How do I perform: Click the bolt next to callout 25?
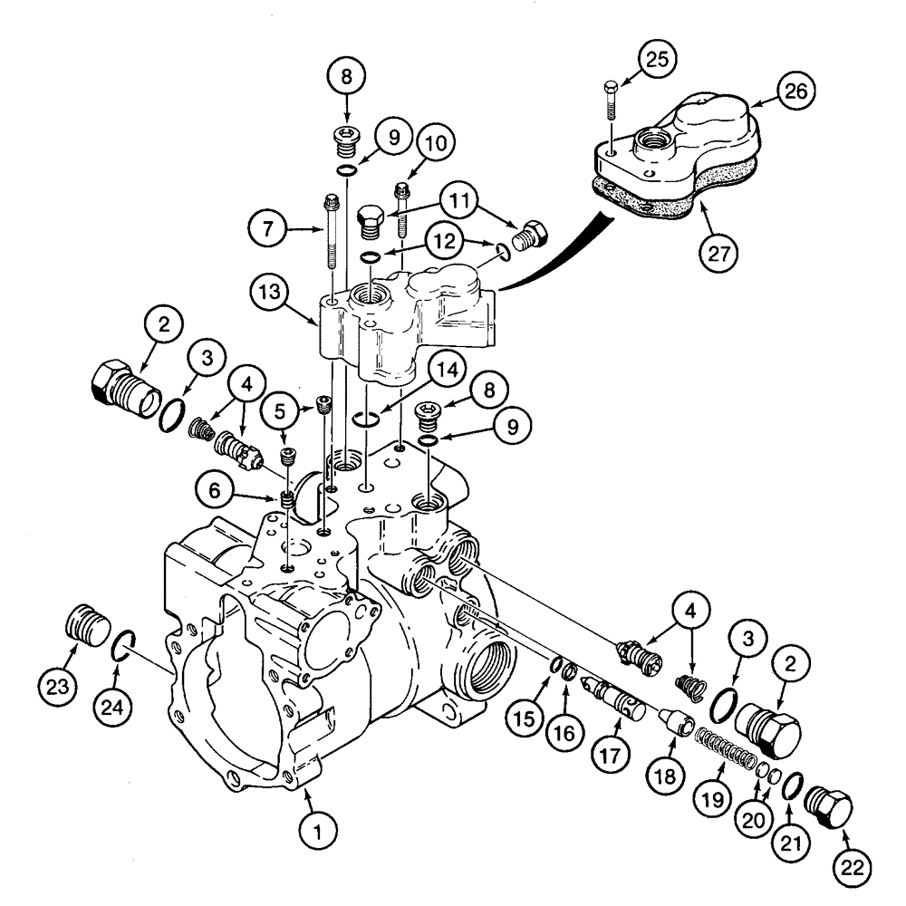click(x=611, y=102)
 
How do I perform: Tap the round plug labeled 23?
click(x=88, y=626)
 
